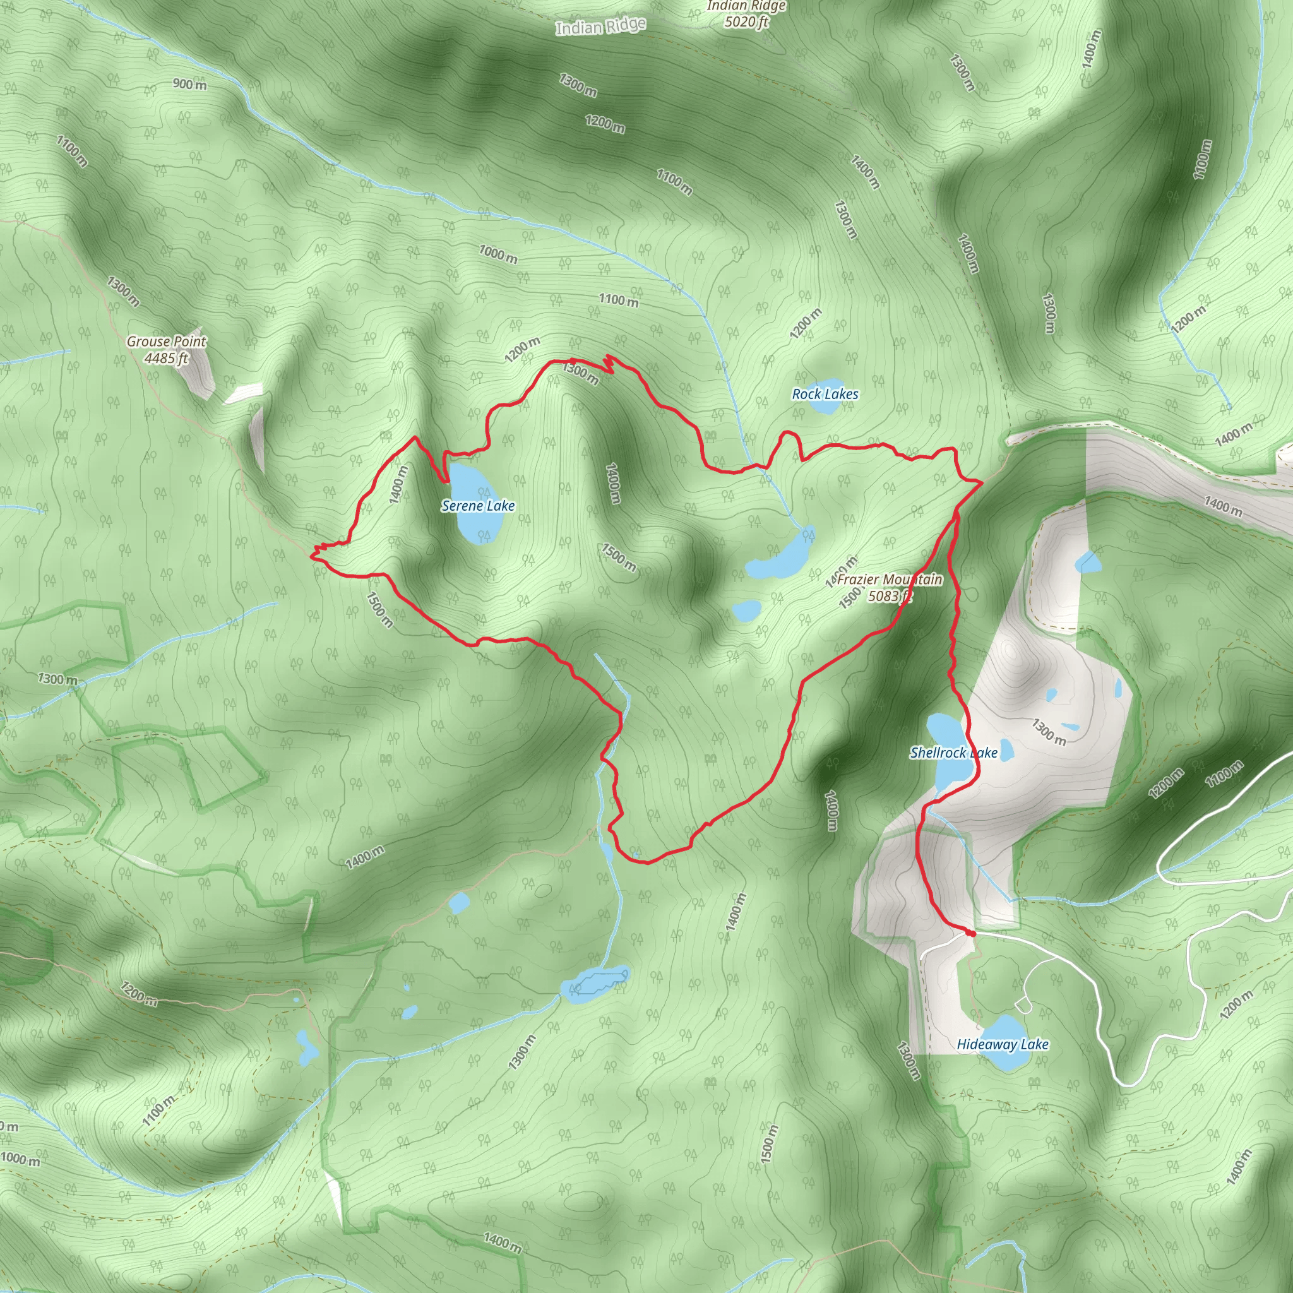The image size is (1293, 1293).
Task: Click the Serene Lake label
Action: point(478,506)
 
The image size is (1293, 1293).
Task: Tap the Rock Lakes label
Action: point(825,394)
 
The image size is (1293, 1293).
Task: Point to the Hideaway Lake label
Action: point(1002,1044)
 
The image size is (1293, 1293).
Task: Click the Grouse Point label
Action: point(167,342)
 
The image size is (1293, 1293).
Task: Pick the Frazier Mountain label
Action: point(890,580)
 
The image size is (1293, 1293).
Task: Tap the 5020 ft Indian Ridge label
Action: point(746,14)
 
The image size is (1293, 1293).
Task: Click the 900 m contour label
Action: point(189,85)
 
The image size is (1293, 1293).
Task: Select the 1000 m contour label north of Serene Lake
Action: point(498,254)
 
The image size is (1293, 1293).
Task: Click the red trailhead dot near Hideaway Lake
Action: point(971,934)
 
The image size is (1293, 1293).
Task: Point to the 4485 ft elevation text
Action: point(166,359)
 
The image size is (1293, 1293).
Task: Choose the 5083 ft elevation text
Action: point(890,595)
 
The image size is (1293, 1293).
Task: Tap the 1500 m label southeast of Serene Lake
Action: point(618,557)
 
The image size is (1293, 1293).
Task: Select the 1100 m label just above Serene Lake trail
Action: point(618,301)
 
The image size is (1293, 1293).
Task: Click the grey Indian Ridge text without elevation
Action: point(600,27)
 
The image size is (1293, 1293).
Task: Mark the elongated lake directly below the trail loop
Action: point(595,981)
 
